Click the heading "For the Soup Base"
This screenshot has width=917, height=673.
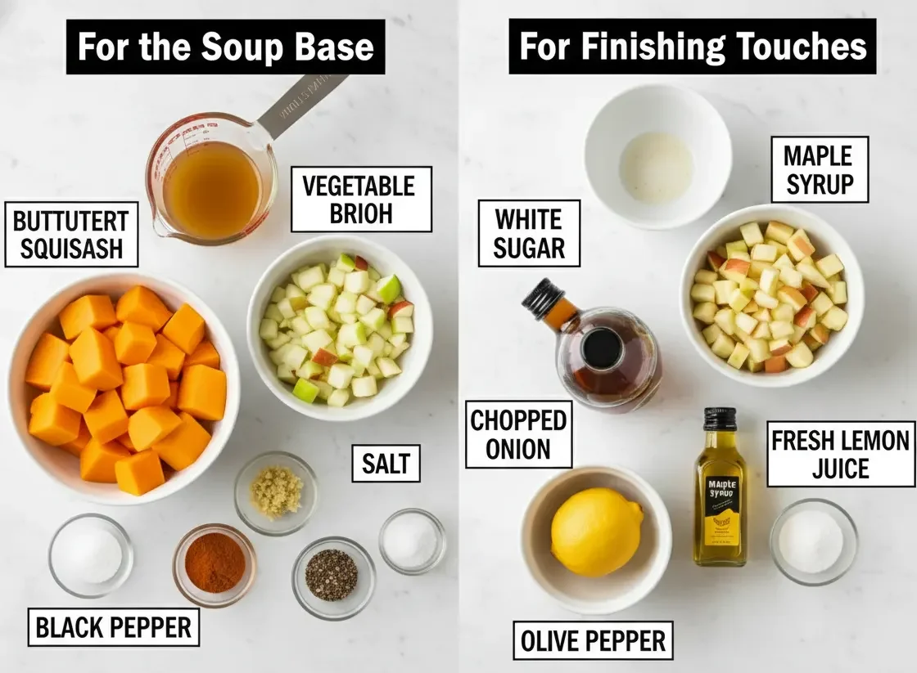pos(225,47)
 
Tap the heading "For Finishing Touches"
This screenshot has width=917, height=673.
pos(693,47)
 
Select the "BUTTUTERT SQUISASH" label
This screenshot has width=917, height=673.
pos(71,234)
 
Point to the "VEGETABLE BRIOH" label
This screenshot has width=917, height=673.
pos(361,199)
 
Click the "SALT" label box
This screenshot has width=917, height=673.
pos(386,464)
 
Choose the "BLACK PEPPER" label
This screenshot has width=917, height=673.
pos(114,627)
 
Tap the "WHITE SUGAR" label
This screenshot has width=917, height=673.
pos(529,233)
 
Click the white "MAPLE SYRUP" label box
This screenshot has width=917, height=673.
pos(819,169)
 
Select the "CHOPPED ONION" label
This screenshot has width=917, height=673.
pos(519,434)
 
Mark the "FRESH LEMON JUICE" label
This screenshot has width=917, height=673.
pos(841,454)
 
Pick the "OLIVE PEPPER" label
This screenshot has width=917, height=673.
pos(594,640)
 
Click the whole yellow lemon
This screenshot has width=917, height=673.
pos(596,532)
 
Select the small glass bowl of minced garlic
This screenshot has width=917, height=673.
pos(276,491)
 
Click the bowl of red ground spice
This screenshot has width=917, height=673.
pos(215,563)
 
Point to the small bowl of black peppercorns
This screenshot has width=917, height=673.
pos(332,574)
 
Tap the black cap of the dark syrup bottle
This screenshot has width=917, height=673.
pos(542,298)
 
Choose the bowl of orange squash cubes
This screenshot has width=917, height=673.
pos(123,384)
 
